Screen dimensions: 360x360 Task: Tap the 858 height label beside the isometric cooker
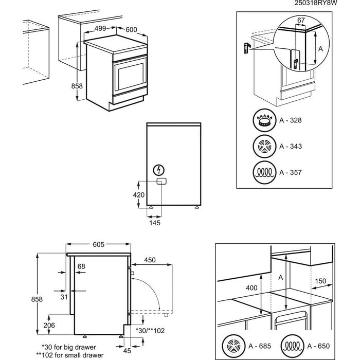pos(77,86)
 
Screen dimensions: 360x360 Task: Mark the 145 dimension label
pos(155,223)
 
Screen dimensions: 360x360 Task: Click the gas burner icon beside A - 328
pos(264,121)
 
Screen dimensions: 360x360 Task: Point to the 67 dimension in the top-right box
pos(301,20)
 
